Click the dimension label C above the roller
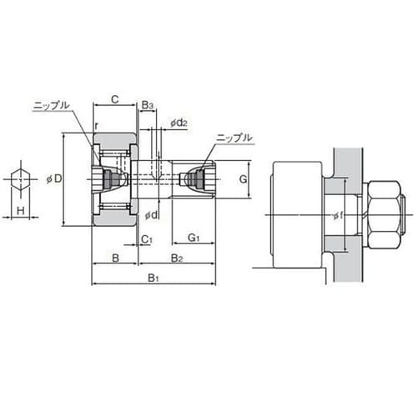click(115, 99)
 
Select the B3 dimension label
click(148, 105)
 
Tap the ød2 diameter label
click(178, 123)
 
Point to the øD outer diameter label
click(54, 179)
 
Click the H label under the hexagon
click(21, 211)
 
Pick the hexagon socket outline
click(21, 179)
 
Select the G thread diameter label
click(243, 179)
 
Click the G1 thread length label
click(193, 238)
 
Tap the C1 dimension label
click(147, 239)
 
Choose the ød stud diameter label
click(152, 214)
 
